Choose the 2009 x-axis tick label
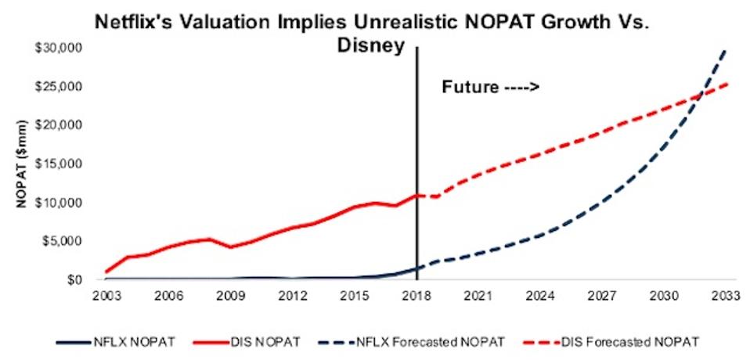tap(229, 298)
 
